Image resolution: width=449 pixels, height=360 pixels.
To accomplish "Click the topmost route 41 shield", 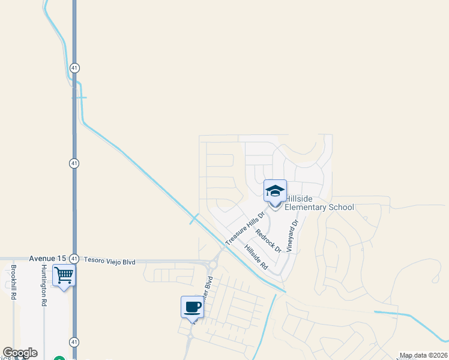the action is [x=74, y=67].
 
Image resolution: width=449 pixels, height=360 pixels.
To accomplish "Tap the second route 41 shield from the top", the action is [x=74, y=163].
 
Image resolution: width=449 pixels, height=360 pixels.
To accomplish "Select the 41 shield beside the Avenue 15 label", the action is [x=74, y=258].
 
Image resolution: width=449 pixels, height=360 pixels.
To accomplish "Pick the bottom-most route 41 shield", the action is [x=74, y=341].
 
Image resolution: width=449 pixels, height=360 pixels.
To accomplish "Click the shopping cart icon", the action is [x=64, y=277].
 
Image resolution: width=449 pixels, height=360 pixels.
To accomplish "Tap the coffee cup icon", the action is [x=192, y=307].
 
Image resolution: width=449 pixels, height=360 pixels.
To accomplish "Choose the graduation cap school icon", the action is [x=275, y=191].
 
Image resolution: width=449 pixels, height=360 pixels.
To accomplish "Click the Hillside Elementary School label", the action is [x=319, y=203].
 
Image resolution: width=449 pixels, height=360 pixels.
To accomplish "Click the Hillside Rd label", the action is [x=256, y=256].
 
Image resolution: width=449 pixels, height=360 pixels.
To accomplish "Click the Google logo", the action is [x=20, y=353].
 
